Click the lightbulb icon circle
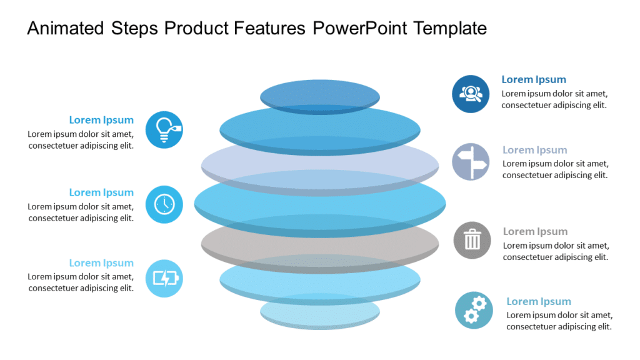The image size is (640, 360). click(164, 129)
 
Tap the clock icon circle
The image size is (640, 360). click(164, 204)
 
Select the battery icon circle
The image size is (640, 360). click(164, 278)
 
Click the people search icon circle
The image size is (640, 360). click(471, 94)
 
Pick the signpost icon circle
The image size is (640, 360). click(471, 162)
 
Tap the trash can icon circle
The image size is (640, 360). click(472, 240)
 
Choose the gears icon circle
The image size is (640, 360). click(474, 310)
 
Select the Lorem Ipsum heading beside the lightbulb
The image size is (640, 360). click(101, 120)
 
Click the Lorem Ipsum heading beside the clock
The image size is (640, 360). click(101, 192)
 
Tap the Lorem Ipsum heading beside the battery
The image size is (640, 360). click(101, 263)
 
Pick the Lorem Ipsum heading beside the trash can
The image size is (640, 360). click(535, 231)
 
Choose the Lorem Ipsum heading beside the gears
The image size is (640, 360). click(539, 301)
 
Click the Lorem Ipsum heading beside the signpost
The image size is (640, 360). click(535, 150)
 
